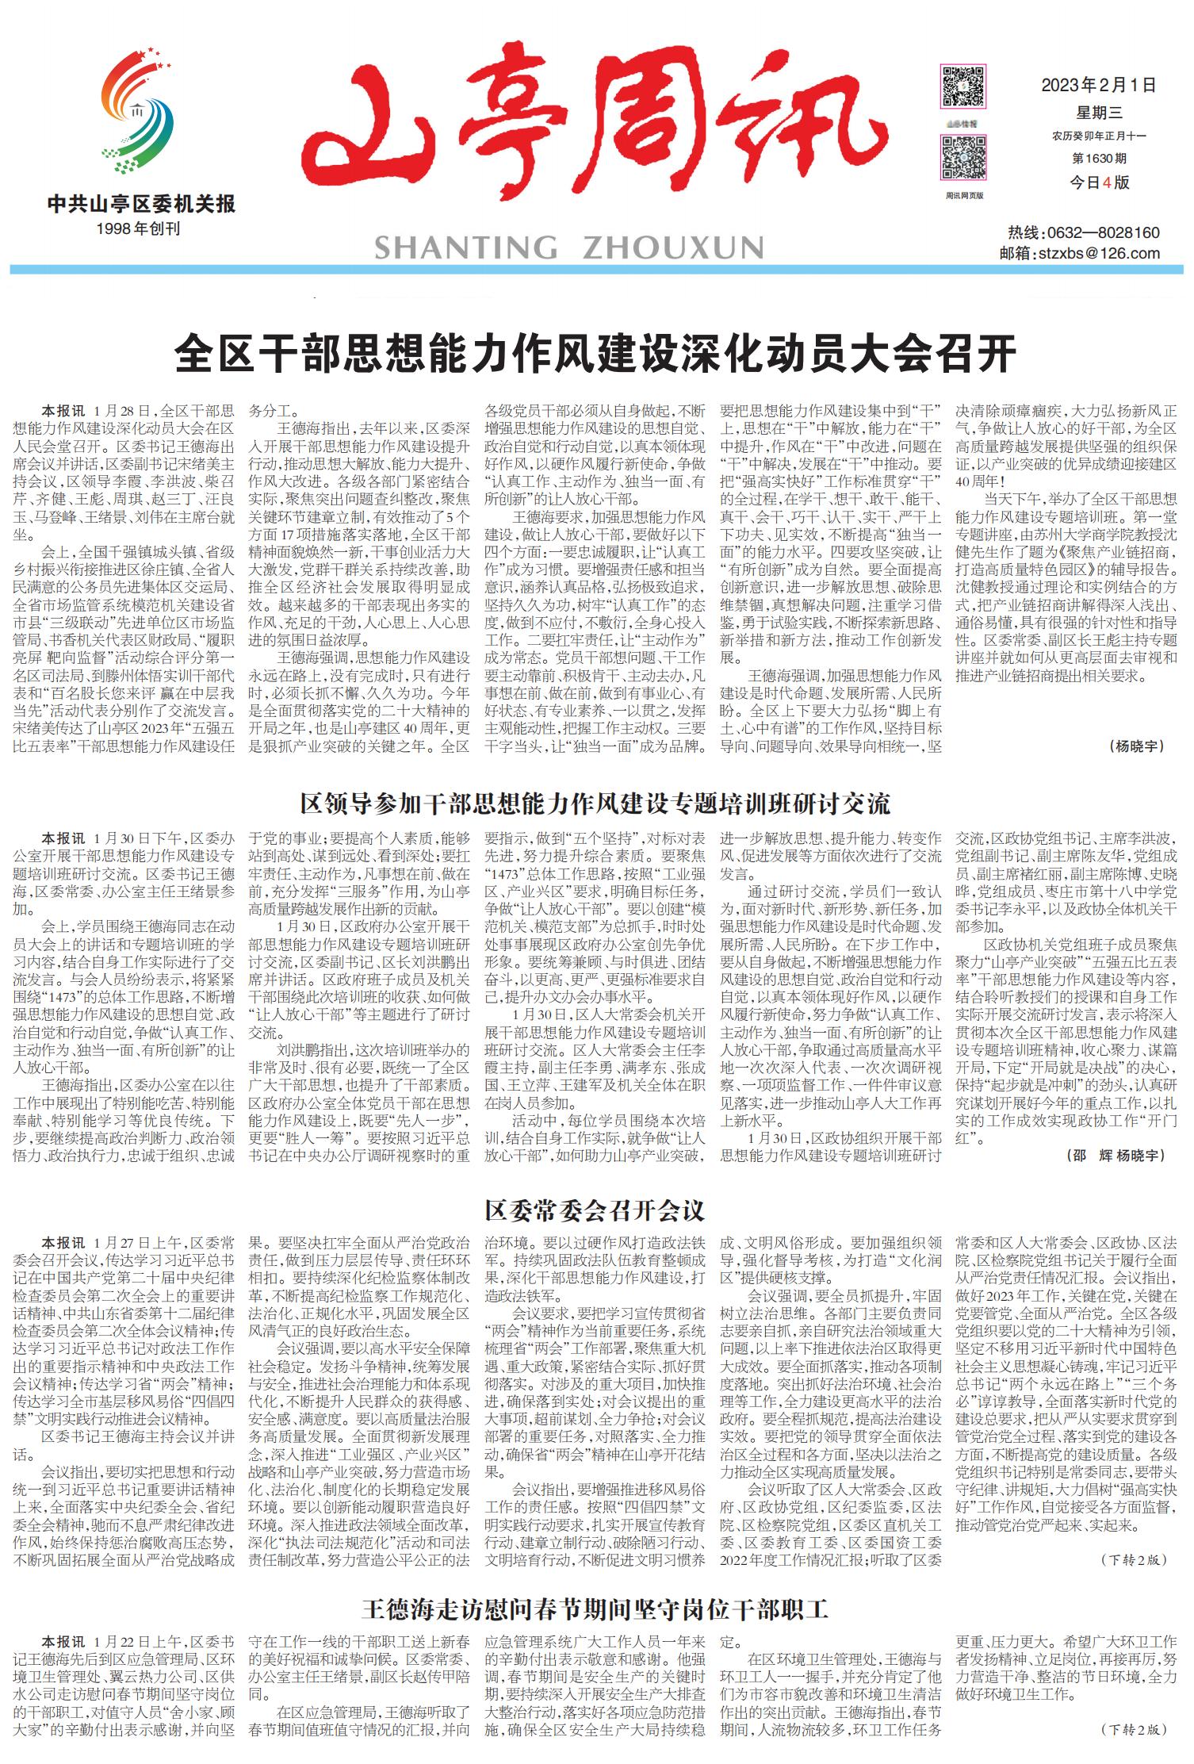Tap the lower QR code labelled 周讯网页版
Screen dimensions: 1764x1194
963,157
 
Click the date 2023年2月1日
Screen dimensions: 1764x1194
1099,86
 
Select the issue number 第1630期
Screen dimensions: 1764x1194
1099,159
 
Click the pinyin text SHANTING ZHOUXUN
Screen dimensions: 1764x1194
568,248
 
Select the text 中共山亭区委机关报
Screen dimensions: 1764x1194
141,205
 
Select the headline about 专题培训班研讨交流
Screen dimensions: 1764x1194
595,804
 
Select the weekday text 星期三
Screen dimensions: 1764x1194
1099,113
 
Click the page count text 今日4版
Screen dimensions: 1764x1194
1099,182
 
